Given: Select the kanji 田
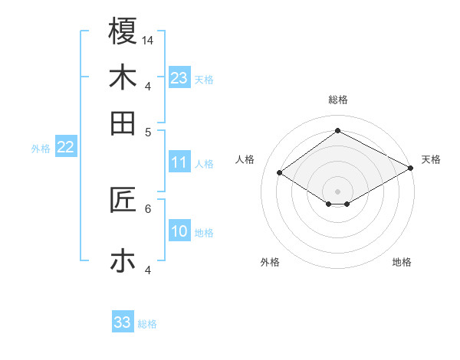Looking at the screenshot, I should pos(123,123).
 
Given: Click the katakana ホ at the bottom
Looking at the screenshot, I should pos(123,261).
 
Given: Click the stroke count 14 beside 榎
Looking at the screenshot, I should pos(148,39).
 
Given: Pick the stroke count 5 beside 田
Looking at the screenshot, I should pos(148,131).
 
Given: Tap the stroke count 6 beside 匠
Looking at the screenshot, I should pos(148,208).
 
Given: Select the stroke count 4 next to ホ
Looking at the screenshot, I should pos(148,270).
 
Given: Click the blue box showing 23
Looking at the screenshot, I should pos(179,78).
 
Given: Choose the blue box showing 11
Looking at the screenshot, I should pos(179,162).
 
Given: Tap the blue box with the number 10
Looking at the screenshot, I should pos(179,232).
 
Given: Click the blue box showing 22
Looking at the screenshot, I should pos(65,148).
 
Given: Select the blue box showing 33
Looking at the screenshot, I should pos(123,322).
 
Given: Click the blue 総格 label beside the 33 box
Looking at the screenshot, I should pos(148,324).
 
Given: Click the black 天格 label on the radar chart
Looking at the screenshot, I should pos(431,159).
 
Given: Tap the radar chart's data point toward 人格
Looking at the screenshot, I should pos(279,173).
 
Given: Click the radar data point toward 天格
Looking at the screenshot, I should pos(411,168).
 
